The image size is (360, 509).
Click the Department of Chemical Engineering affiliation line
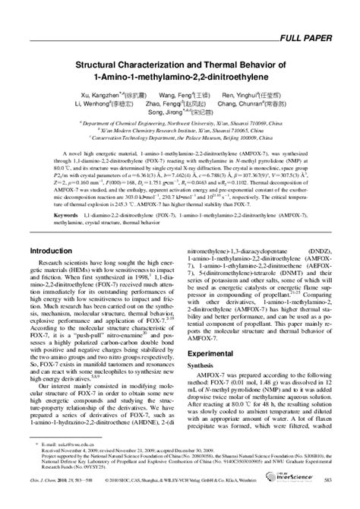(179, 121)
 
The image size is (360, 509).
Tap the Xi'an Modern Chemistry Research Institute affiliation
(179, 130)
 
